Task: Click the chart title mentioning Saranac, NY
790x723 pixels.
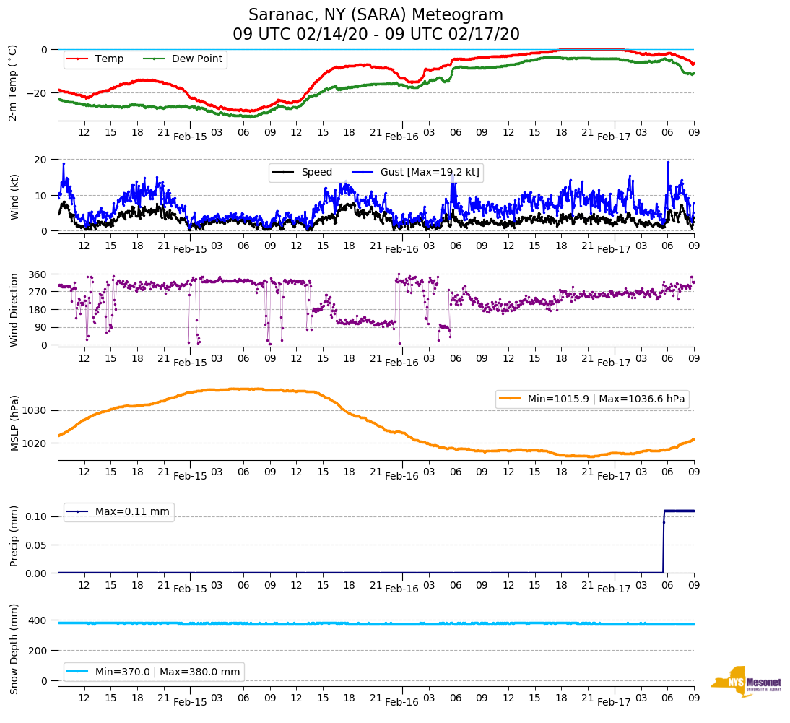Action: click(376, 25)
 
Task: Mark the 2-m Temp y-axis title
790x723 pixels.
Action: click(13, 82)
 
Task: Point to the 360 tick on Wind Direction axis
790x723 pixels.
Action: click(38, 274)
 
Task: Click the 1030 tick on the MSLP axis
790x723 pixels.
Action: click(35, 410)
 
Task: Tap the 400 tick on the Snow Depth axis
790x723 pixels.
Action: click(38, 620)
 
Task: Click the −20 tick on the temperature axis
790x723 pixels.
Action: click(36, 93)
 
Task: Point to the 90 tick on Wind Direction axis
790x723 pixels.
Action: click(40, 327)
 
